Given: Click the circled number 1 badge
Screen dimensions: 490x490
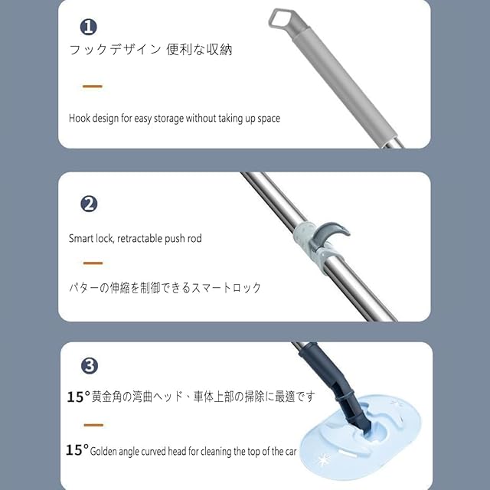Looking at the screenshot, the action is tap(89, 27).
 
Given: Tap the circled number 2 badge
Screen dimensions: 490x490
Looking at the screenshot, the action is tap(89, 204).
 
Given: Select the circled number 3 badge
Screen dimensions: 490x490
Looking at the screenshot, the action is tap(90, 366).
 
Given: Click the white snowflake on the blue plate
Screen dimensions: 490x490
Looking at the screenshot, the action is tap(324, 460).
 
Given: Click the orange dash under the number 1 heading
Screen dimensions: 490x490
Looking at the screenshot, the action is tap(93, 87).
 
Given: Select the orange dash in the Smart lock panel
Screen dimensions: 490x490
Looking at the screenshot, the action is tap(93, 263).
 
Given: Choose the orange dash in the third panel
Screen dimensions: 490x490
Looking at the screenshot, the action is tap(93, 425).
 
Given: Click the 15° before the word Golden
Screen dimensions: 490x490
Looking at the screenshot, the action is tap(77, 450).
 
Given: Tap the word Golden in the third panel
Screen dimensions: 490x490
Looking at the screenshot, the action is tap(103, 452).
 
